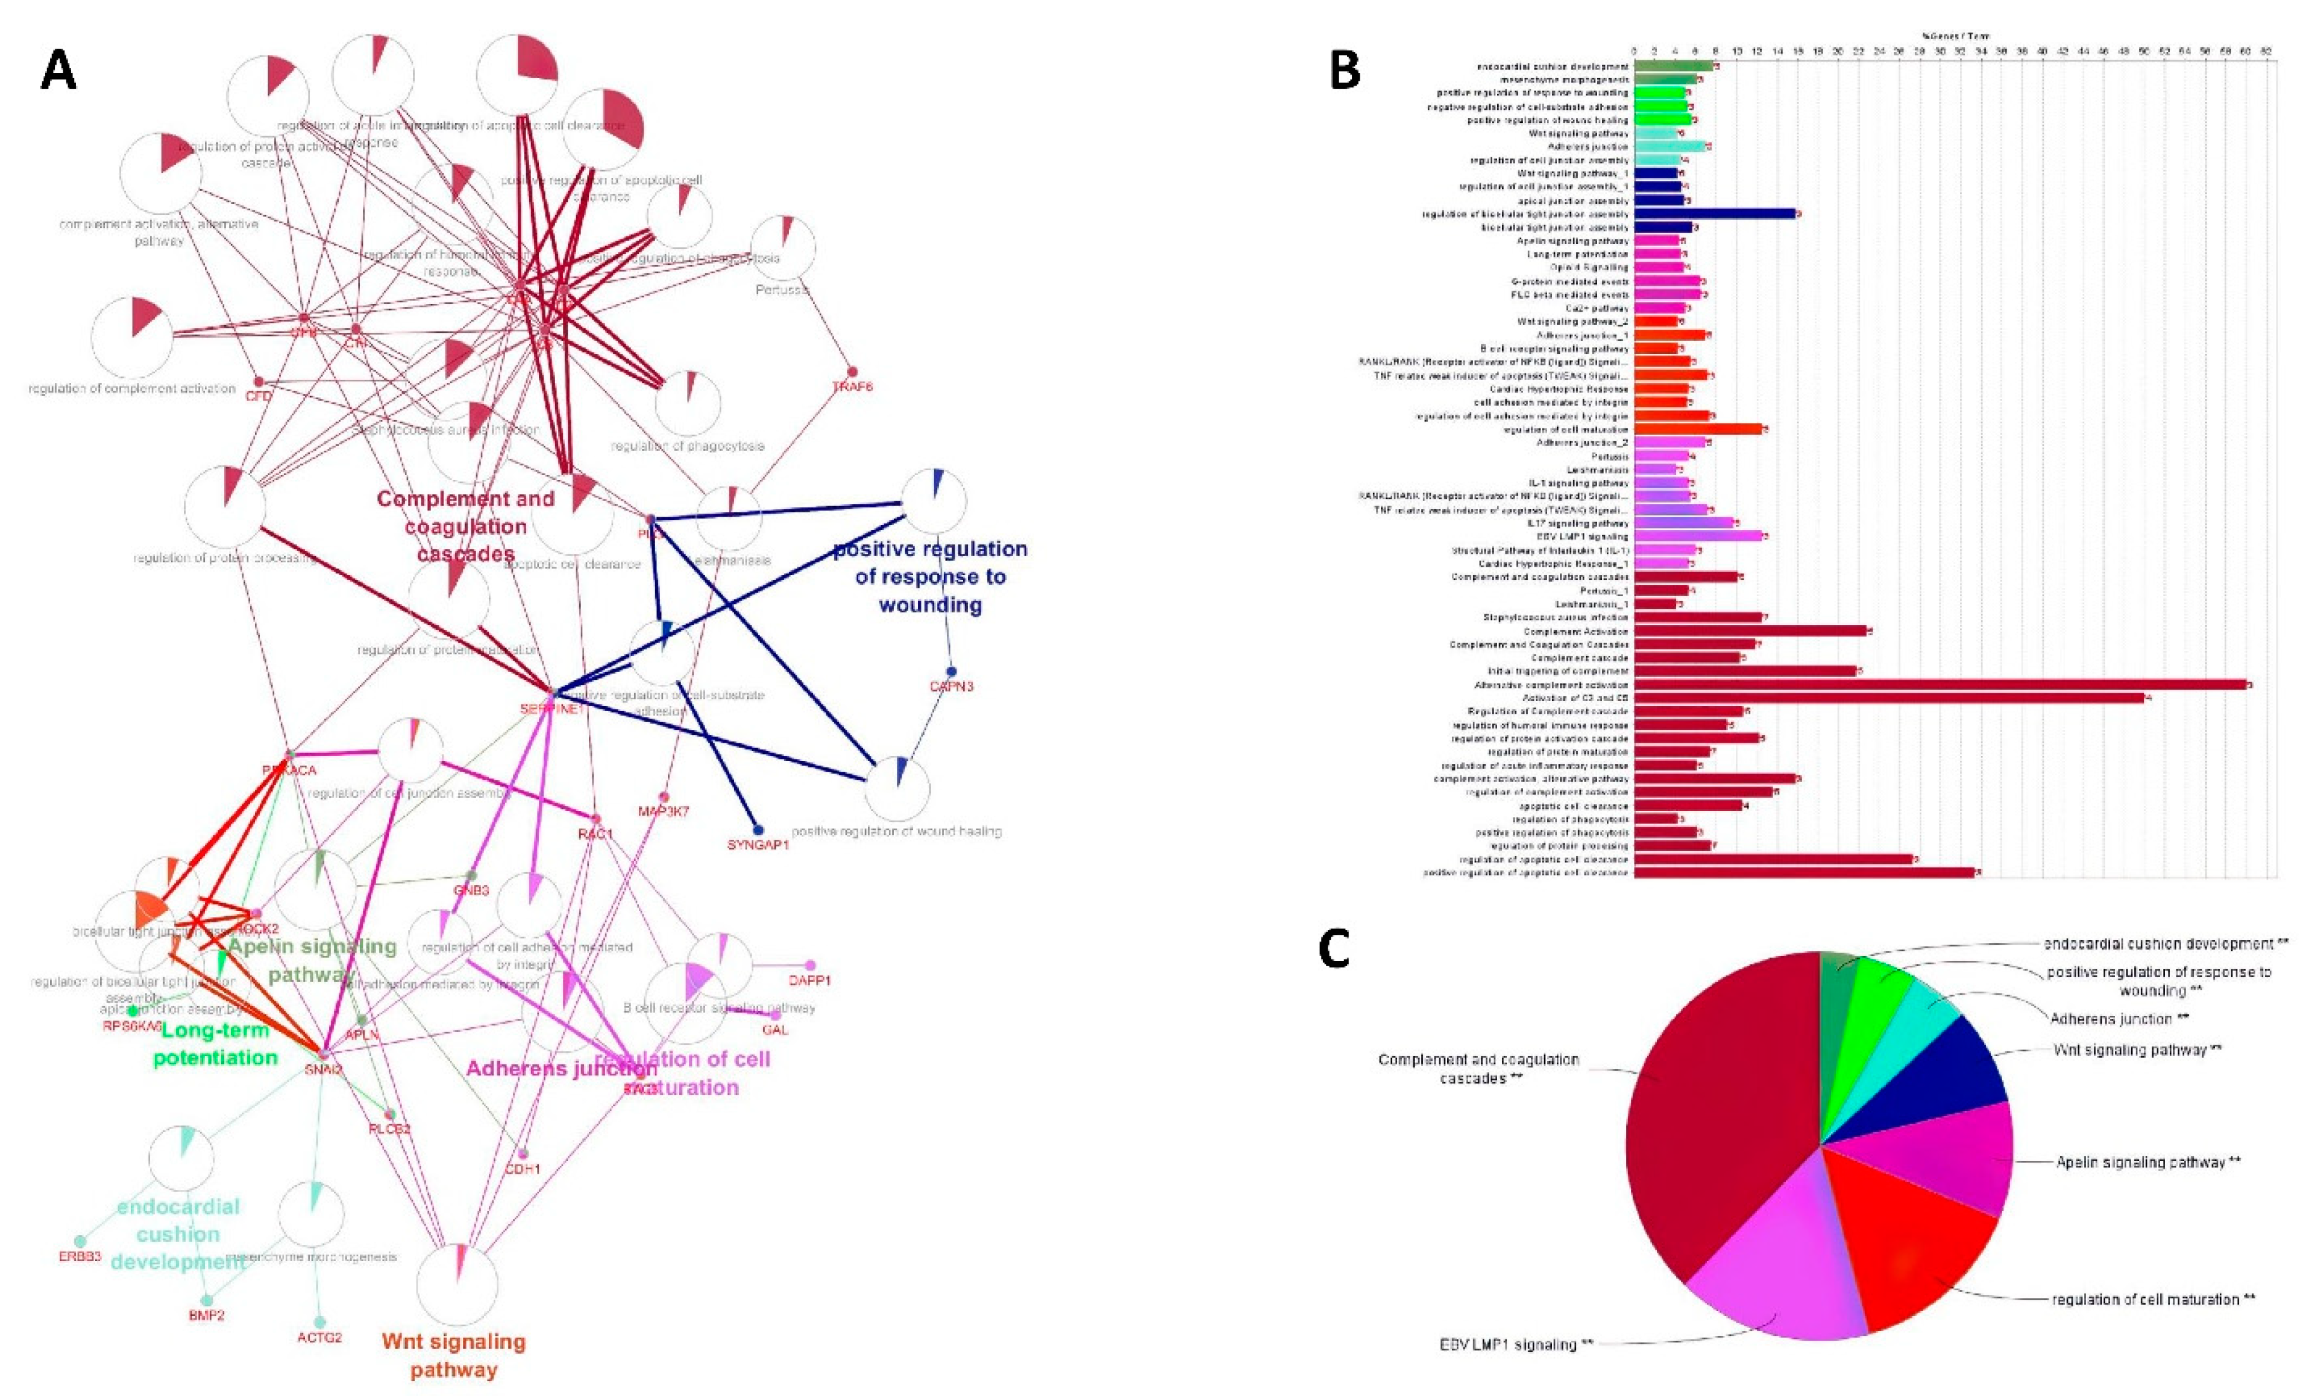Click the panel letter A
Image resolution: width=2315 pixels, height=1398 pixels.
(58, 71)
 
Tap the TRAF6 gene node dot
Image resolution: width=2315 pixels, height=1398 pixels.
(852, 372)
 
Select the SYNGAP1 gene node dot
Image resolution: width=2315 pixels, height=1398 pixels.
(758, 830)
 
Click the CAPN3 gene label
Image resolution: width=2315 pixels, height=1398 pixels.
(951, 687)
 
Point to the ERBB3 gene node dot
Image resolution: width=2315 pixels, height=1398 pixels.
(80, 1241)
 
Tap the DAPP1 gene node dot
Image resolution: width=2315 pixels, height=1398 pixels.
(810, 965)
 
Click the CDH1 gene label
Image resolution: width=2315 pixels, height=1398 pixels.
(523, 1170)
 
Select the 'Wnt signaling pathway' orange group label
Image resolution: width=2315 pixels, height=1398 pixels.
(454, 1355)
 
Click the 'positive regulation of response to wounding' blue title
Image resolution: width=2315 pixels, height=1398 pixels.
(930, 576)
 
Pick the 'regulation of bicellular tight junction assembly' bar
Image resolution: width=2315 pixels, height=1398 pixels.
(1715, 214)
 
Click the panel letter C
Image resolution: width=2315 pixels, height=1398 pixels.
(1334, 949)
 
